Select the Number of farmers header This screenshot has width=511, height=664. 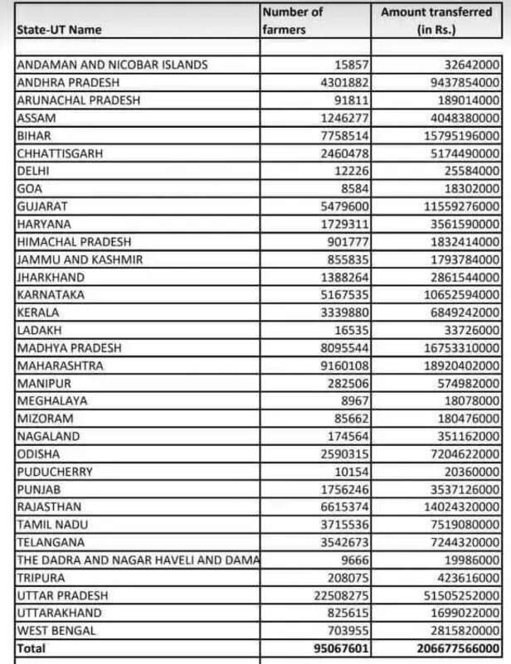[292, 21]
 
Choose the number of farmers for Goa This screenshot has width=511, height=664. [353, 189]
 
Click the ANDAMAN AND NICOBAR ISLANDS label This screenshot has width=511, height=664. [112, 65]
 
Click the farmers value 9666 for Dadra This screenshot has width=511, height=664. [353, 560]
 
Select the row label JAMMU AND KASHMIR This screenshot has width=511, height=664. [80, 259]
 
